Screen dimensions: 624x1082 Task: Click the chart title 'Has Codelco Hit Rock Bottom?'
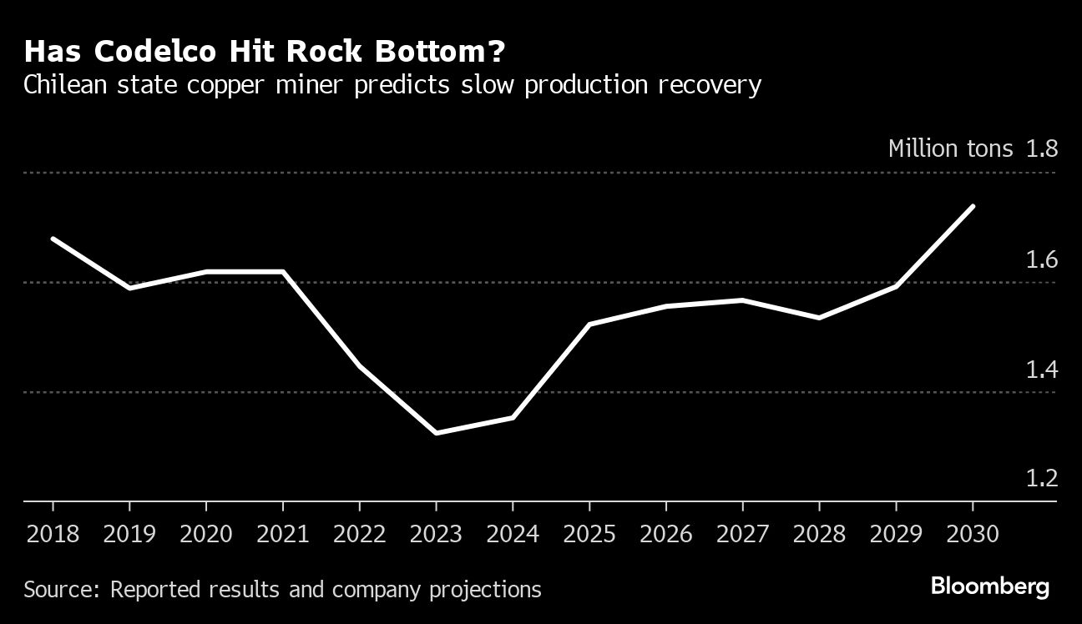265,52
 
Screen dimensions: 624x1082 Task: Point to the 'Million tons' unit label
950,149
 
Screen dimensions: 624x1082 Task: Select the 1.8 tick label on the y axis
1042,149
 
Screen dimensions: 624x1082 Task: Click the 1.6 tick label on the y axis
1042,260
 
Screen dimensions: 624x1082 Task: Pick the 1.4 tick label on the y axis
1042,370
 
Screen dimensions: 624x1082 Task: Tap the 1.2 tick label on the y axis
1042,479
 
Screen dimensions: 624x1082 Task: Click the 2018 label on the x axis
53,534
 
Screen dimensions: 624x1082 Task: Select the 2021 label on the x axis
283,534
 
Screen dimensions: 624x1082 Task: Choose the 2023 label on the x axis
436,534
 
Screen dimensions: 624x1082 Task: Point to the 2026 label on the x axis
666,534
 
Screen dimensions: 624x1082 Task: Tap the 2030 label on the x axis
972,534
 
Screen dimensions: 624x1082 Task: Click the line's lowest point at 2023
436,433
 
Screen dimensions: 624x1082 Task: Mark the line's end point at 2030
973,206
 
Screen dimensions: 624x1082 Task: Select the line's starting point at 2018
53,239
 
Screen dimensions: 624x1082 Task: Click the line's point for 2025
589,324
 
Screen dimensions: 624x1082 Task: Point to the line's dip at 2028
819,318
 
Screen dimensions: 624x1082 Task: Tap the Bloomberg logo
990,586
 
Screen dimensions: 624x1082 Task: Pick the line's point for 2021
283,271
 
